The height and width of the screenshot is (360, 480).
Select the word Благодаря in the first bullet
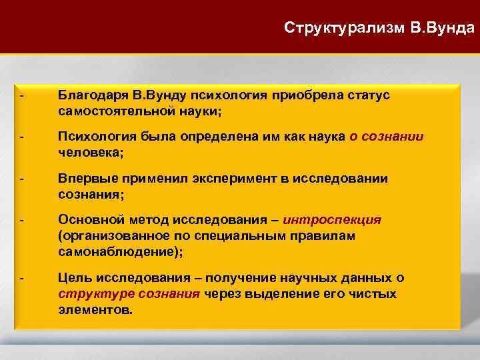pos(89,96)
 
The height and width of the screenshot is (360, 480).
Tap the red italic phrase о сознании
pos(386,137)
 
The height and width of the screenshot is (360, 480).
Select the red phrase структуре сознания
pos(129,294)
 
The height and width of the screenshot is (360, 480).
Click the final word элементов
pos(95,309)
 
